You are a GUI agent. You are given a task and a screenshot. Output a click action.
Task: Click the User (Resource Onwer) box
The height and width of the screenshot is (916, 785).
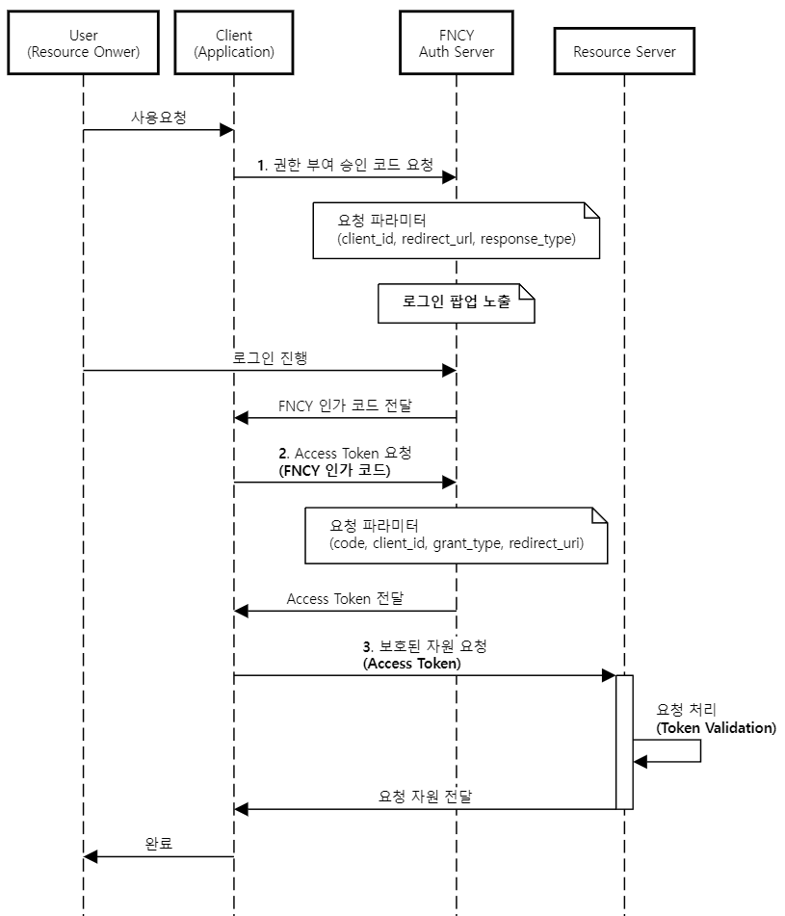83,43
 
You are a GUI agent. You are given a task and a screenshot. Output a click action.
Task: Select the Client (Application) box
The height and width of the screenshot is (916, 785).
234,43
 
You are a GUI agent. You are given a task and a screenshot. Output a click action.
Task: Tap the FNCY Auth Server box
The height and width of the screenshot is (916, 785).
457,43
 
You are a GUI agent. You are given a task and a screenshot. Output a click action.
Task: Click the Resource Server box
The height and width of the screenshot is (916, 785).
624,52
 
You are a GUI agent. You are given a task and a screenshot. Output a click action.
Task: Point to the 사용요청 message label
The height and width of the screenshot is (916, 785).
158,118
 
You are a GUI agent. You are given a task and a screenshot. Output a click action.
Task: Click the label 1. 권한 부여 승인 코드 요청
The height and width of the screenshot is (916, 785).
345,165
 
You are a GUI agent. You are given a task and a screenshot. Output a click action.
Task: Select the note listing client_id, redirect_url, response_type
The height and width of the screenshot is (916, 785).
457,230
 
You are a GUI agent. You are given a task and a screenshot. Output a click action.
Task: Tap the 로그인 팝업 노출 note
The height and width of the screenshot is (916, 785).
457,301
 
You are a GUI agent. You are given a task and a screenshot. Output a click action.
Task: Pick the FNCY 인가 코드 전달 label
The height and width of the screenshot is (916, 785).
345,406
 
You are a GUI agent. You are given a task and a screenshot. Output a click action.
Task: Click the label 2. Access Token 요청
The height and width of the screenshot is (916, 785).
345,453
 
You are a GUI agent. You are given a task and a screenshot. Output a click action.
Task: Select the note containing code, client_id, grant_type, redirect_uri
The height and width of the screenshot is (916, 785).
457,536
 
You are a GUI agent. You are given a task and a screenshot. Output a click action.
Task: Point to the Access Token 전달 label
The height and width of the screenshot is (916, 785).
345,598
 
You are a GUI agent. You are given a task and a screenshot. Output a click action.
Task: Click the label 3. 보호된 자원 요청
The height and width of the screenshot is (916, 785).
424,646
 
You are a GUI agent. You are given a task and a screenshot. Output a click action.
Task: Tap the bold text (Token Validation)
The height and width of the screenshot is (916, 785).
716,728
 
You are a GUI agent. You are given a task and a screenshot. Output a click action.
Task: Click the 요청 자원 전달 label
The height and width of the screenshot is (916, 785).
424,797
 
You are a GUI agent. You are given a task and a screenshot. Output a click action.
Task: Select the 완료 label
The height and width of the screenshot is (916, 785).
158,844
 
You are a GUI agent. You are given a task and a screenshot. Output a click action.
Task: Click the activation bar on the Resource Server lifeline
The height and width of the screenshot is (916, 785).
624,742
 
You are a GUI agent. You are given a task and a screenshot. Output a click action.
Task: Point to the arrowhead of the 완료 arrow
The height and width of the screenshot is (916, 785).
90,856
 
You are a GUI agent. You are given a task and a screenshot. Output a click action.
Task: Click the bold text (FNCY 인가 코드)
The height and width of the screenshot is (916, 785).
334,471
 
